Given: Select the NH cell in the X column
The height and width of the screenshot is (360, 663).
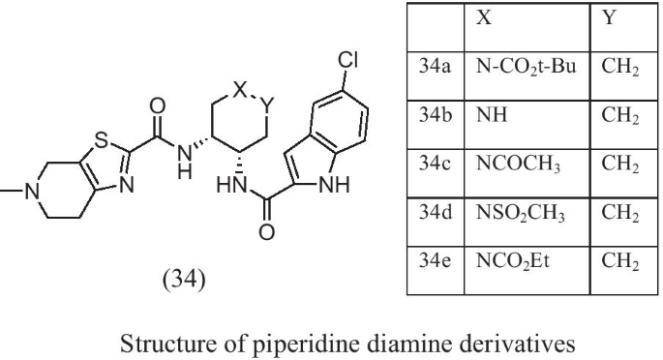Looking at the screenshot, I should coord(487,116).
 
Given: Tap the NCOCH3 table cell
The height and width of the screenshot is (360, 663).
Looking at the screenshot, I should coord(516,163).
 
